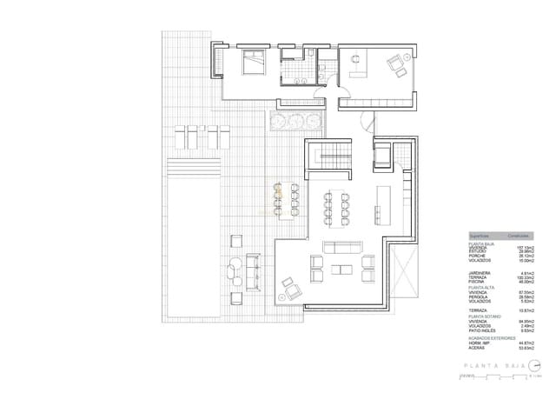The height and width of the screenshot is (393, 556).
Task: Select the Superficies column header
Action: click(x=481, y=236)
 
